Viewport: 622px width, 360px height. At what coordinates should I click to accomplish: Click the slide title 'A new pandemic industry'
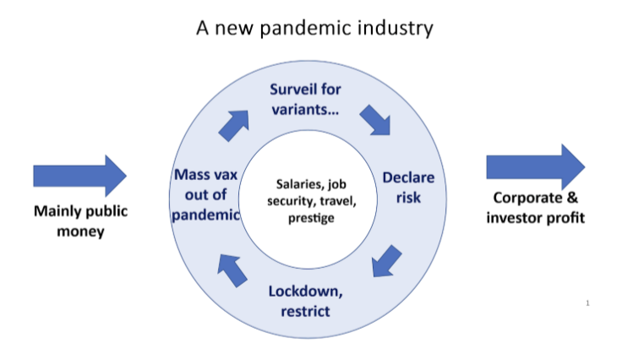pyautogui.click(x=314, y=29)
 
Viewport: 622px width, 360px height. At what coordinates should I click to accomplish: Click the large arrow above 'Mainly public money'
pyautogui.click(x=79, y=176)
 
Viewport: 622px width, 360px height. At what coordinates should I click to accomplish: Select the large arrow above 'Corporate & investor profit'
pyautogui.click(x=536, y=167)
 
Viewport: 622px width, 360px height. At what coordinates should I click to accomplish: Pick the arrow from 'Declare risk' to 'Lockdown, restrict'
pyautogui.click(x=387, y=261)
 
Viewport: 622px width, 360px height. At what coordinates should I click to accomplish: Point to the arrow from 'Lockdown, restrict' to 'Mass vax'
pyautogui.click(x=232, y=270)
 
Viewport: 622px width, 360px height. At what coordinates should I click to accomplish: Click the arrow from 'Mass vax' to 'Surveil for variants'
pyautogui.click(x=234, y=125)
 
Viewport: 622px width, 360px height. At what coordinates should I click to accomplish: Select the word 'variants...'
pyautogui.click(x=305, y=109)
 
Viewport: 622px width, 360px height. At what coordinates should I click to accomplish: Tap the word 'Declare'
pyautogui.click(x=408, y=177)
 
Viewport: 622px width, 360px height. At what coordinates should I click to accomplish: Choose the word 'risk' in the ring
pyautogui.click(x=408, y=198)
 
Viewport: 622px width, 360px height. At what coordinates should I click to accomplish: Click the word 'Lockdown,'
pyautogui.click(x=305, y=292)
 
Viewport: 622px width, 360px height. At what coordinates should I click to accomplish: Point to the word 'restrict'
pyautogui.click(x=305, y=311)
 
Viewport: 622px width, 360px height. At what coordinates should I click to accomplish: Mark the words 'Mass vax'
pyautogui.click(x=205, y=174)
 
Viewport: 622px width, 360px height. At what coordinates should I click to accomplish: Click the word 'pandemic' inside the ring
pyautogui.click(x=205, y=215)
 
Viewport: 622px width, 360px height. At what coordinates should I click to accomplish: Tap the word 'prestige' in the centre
pyautogui.click(x=311, y=218)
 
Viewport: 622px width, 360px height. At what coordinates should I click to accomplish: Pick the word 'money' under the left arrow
pyautogui.click(x=80, y=232)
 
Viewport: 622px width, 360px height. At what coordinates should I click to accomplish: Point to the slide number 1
pyautogui.click(x=587, y=303)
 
